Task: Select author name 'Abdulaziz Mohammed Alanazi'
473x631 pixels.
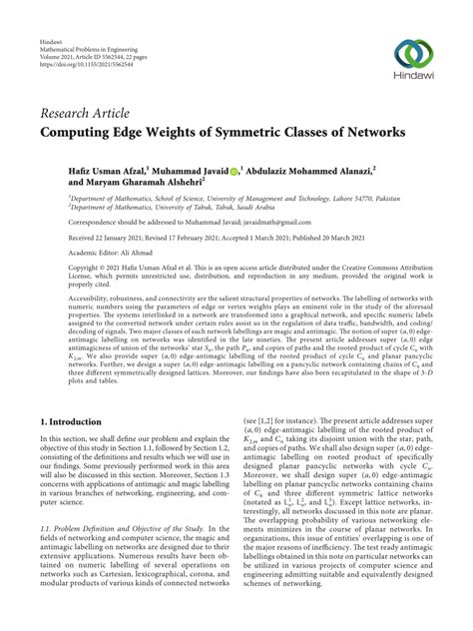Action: point(326,171)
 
